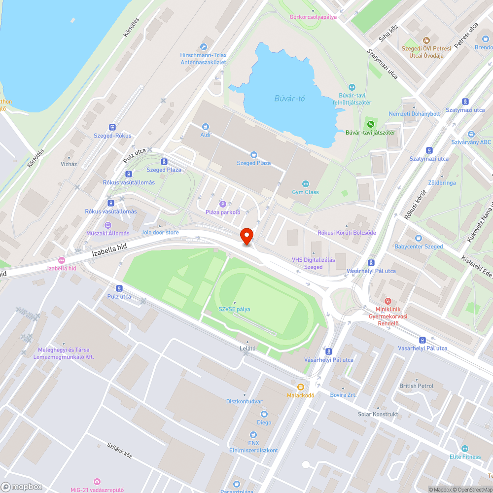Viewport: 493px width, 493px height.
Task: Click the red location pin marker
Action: pos(246,236)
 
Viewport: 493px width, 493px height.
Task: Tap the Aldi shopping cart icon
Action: pos(205,127)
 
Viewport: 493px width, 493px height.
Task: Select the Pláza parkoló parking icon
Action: pos(222,204)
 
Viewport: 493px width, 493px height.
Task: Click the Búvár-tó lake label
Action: pos(289,99)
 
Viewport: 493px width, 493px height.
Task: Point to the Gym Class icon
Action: pos(305,184)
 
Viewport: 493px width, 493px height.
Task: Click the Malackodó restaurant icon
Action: pos(301,387)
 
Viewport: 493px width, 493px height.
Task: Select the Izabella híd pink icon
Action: pos(62,260)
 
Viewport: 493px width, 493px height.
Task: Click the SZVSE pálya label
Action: pos(234,309)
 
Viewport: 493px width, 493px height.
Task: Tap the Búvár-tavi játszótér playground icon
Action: pos(370,124)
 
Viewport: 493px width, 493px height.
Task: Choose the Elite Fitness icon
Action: pos(464,449)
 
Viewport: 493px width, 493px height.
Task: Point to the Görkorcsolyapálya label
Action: pos(313,16)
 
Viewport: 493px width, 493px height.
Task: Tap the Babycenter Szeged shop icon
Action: pos(419,238)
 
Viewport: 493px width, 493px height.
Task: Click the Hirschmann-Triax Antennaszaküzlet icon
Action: pos(203,46)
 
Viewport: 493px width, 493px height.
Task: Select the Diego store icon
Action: pos(264,414)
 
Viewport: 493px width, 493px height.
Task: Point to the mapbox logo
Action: pos(22,486)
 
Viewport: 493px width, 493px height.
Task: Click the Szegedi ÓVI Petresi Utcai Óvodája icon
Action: pos(426,40)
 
